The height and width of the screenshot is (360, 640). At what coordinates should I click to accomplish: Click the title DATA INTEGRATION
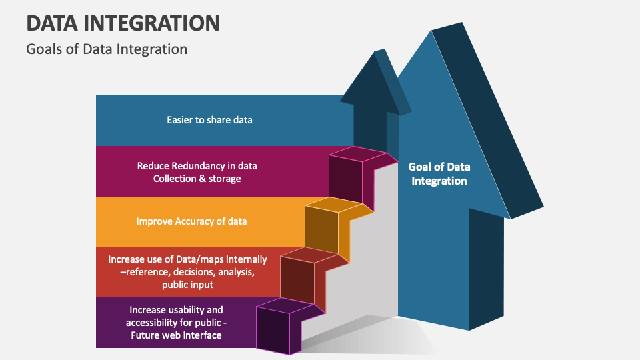tap(123, 23)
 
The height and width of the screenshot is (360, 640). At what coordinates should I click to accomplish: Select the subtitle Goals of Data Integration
tap(107, 49)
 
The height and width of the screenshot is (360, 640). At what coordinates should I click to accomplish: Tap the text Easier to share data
tap(209, 120)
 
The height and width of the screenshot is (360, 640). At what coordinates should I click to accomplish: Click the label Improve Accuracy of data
tap(191, 221)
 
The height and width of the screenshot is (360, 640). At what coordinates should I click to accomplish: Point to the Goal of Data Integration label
tap(439, 174)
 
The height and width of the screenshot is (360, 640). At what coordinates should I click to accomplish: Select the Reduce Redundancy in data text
tap(197, 166)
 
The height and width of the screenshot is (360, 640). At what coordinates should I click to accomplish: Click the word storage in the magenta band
tap(225, 179)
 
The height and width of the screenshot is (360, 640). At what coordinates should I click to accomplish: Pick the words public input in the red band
tap(187, 285)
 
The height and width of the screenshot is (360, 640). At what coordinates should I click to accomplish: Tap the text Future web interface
tap(176, 335)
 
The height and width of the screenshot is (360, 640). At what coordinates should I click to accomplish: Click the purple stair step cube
tap(281, 327)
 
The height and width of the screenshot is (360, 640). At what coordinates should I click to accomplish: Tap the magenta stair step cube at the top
tap(353, 176)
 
